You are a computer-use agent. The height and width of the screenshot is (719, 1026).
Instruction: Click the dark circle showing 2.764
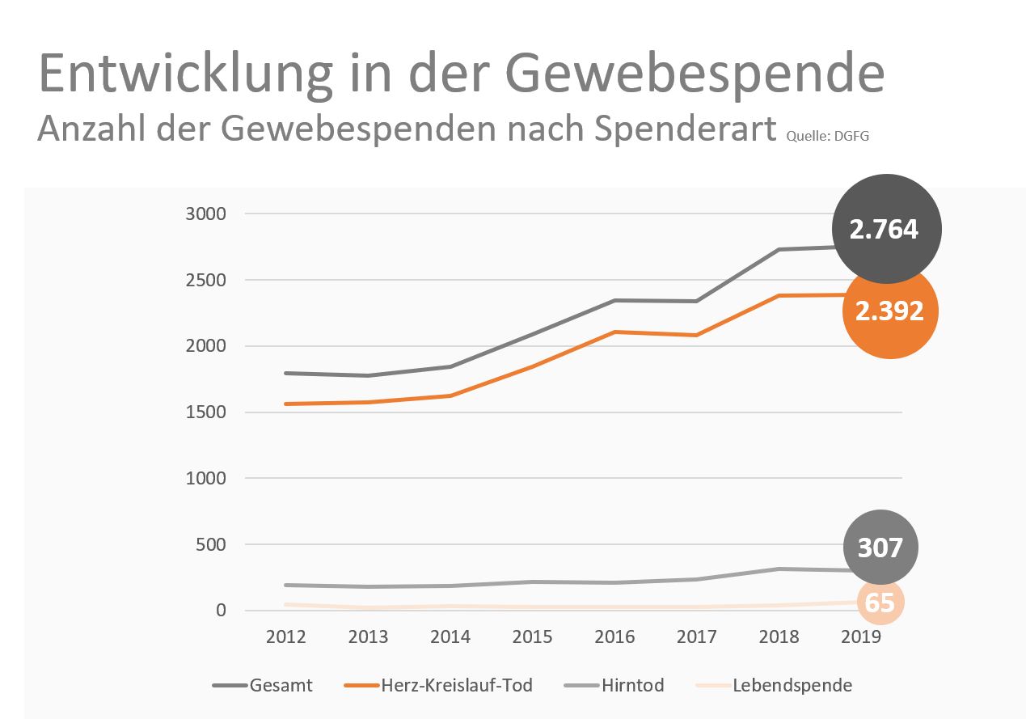(886, 229)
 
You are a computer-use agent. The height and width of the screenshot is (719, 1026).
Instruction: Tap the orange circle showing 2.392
(889, 311)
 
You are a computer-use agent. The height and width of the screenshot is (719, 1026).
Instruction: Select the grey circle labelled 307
(880, 548)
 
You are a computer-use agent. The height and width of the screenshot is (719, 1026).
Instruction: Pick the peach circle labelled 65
(880, 603)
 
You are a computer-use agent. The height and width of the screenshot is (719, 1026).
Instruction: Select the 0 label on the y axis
(221, 611)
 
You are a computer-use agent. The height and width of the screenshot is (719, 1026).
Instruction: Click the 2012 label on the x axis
(286, 637)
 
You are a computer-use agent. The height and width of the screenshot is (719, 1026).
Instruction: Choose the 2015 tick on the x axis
(533, 637)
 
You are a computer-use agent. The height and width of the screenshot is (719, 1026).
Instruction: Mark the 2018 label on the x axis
(779, 637)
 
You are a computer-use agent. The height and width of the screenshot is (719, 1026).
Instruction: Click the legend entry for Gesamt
(262, 686)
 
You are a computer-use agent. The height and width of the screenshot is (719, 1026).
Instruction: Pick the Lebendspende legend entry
(774, 686)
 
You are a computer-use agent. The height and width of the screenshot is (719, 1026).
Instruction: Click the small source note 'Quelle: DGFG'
(827, 136)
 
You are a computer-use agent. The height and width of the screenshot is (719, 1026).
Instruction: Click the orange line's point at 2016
(615, 332)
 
